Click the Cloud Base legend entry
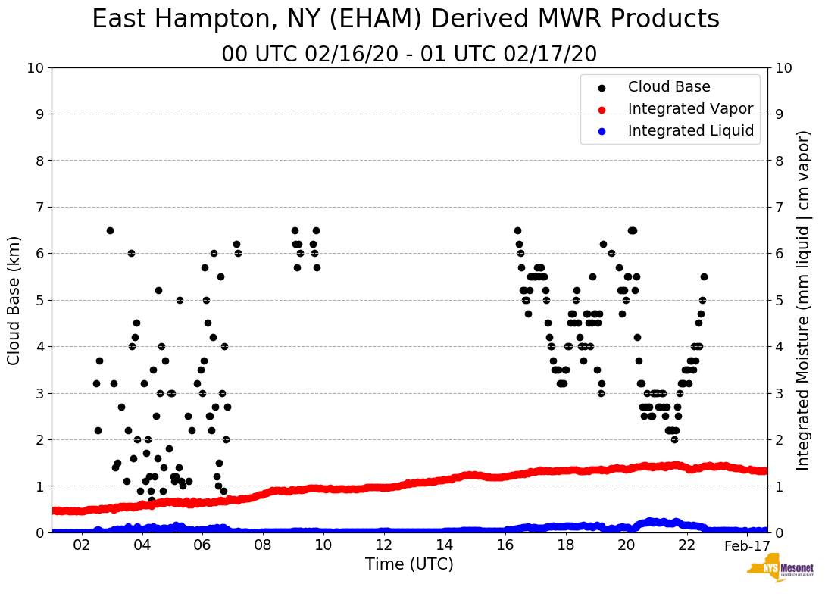click(x=669, y=87)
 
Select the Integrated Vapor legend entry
click(x=690, y=109)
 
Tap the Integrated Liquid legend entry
click(x=690, y=131)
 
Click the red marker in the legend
click(x=602, y=109)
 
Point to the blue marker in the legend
click(x=602, y=131)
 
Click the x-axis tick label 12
click(x=384, y=545)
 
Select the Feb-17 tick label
click(x=747, y=545)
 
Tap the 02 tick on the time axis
click(x=81, y=545)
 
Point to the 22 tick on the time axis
click(x=687, y=545)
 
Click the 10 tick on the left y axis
click(x=36, y=68)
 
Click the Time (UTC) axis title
click(x=409, y=564)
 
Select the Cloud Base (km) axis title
click(x=14, y=300)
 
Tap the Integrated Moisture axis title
click(x=804, y=300)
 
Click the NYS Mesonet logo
click(x=780, y=571)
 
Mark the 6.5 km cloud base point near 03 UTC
click(x=110, y=230)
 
